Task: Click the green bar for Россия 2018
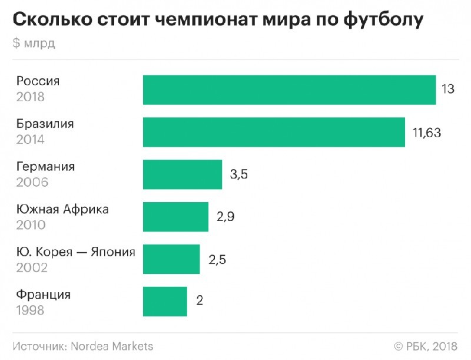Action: (289, 90)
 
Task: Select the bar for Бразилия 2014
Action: (274, 133)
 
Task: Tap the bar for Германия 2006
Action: (183, 174)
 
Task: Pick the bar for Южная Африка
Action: (175, 217)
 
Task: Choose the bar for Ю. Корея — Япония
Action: (171, 259)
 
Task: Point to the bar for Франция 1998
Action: (165, 302)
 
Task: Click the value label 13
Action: (447, 90)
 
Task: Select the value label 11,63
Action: (426, 133)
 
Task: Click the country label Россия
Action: (38, 81)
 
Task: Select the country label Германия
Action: (45, 167)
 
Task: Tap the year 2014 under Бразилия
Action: (30, 140)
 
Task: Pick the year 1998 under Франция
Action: (30, 310)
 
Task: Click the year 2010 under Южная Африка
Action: (31, 225)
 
